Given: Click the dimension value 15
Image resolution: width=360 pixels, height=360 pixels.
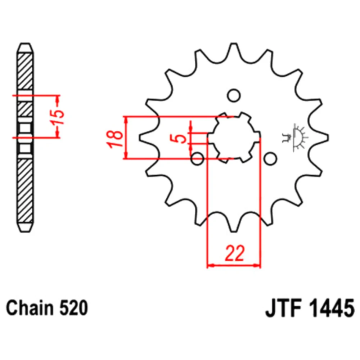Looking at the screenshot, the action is point(58,117).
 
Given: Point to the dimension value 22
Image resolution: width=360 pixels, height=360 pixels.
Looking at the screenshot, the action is point(235,253).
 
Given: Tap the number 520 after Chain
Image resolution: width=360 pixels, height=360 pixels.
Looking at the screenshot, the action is point(74,308).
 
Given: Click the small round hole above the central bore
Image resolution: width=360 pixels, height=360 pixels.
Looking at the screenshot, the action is point(234,95).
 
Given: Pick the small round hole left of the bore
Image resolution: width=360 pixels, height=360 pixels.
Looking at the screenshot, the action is point(197,158).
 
